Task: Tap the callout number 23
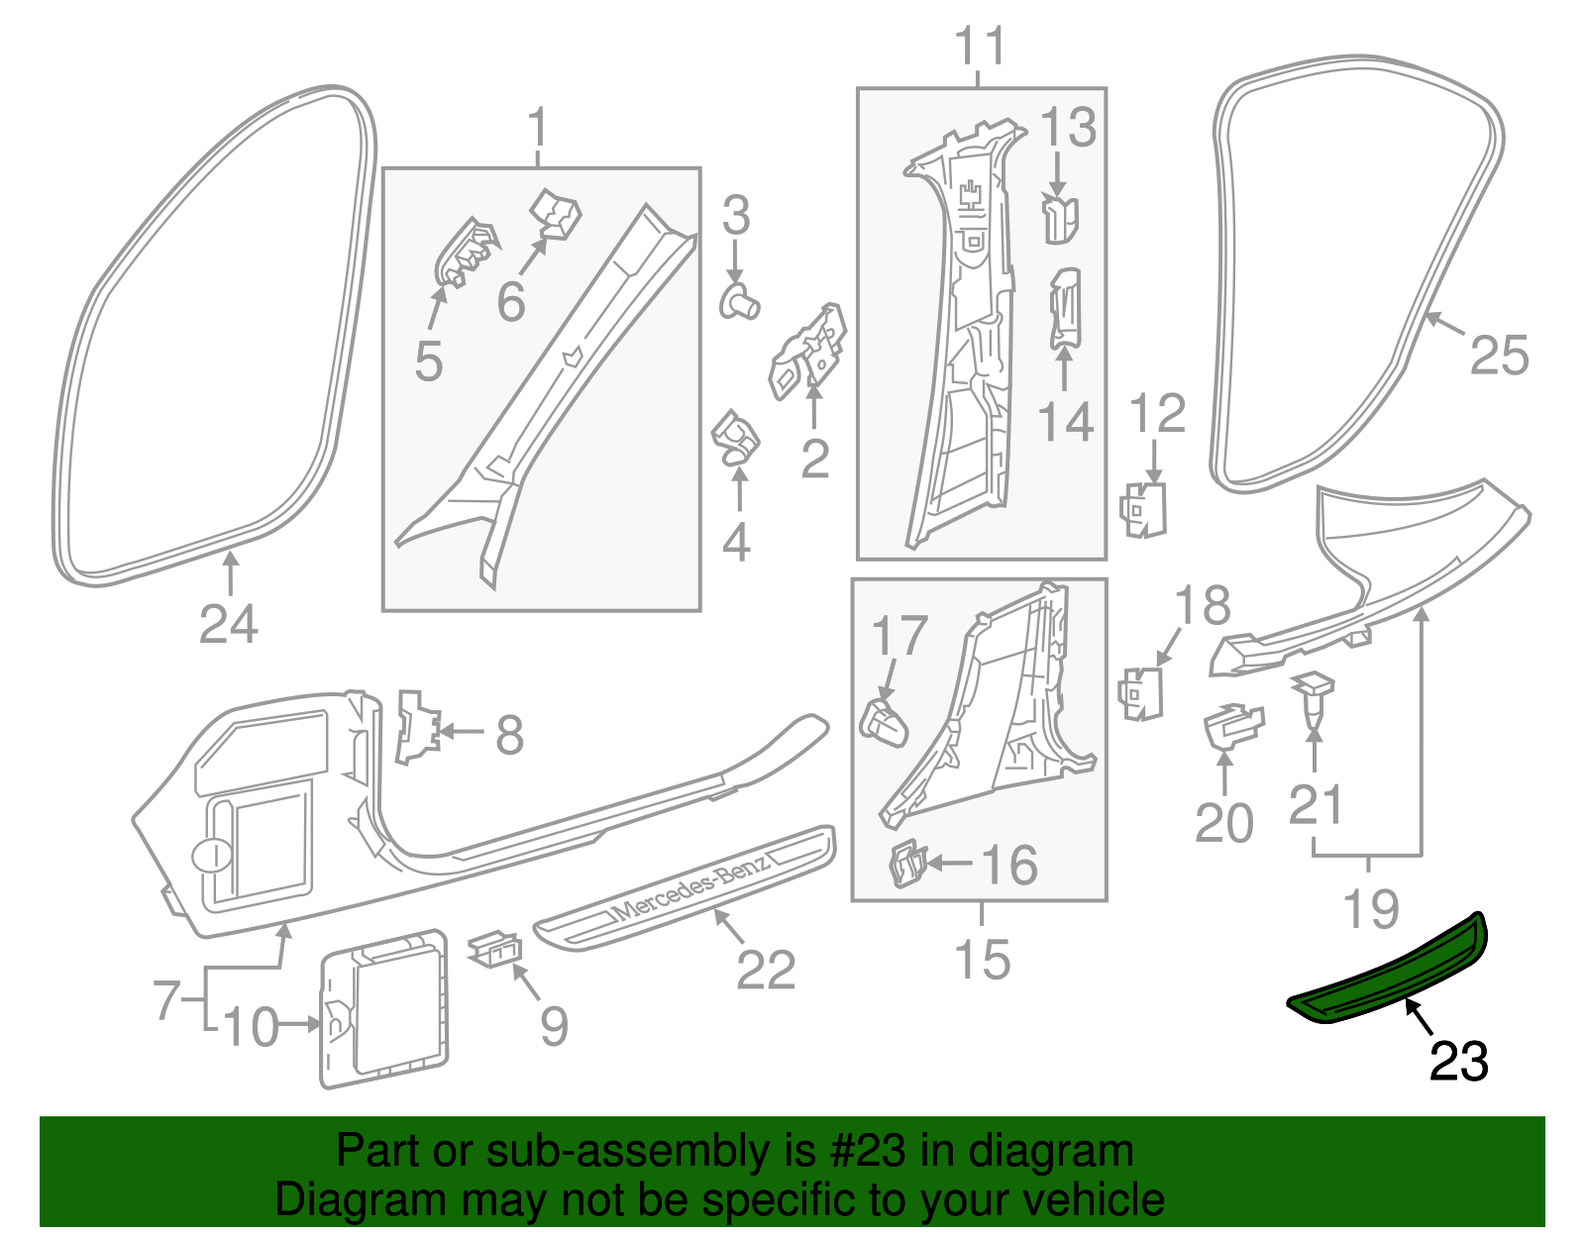click(x=1458, y=1062)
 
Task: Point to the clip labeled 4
click(x=734, y=438)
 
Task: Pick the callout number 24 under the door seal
click(x=228, y=625)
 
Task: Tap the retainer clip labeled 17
click(x=884, y=722)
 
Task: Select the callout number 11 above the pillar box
click(x=981, y=47)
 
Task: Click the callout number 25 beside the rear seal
click(x=1499, y=355)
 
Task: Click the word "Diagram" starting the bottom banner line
click(x=333, y=1200)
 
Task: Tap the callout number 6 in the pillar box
click(x=510, y=301)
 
